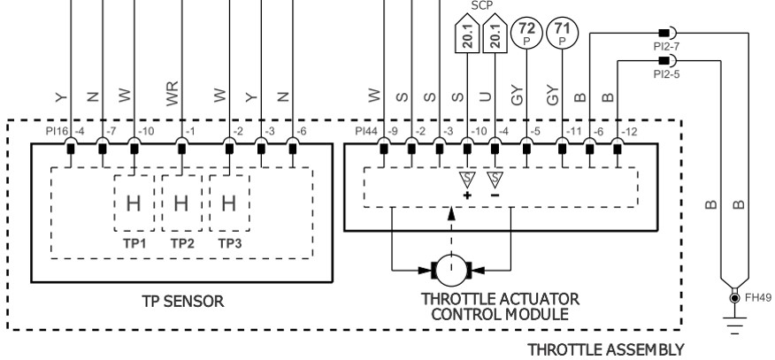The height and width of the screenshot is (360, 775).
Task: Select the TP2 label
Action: (180, 241)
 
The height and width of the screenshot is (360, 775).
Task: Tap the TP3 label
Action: (228, 241)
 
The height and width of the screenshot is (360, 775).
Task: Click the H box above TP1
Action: (133, 203)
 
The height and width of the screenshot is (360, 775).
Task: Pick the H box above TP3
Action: (228, 203)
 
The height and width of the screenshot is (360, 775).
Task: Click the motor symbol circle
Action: (451, 264)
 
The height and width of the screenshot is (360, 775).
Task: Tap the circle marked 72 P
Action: (528, 33)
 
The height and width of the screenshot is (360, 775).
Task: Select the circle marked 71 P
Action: (562, 33)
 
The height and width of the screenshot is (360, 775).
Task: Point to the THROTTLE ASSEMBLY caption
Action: (606, 350)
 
